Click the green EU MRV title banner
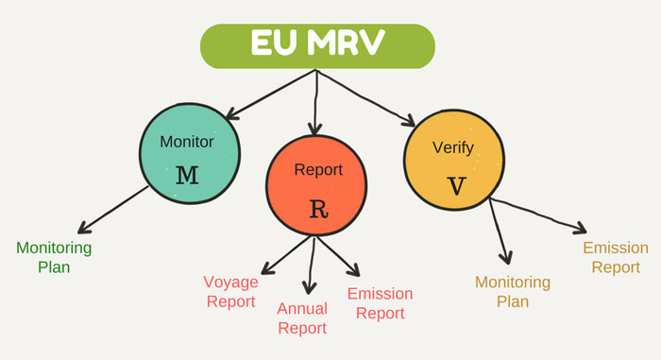click(316, 45)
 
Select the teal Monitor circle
click(187, 157)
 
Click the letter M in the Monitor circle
click(187, 175)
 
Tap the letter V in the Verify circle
click(456, 185)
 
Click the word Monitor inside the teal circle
click(187, 143)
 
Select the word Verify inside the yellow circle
click(451, 148)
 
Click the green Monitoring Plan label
click(54, 257)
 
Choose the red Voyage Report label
click(229, 291)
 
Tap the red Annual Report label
click(302, 317)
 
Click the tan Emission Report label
click(616, 257)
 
